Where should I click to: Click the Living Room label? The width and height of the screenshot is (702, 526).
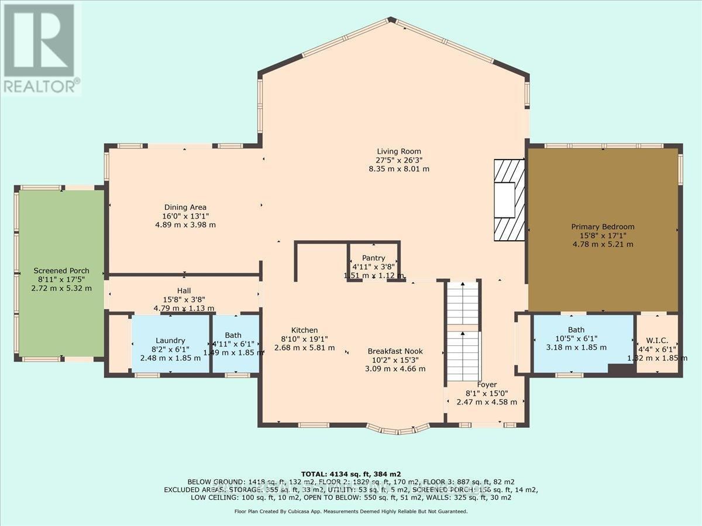398,151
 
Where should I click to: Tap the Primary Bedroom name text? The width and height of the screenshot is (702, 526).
603,227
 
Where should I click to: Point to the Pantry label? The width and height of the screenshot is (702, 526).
373,258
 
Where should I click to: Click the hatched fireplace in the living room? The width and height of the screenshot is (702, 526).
508,200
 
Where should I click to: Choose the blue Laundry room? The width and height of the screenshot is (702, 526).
170,343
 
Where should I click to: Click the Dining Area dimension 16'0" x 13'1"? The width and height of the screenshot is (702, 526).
185,216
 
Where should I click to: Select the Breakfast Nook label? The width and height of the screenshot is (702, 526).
395,351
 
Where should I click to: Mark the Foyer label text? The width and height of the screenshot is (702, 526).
487,385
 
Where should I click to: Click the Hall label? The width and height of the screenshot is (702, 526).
184,290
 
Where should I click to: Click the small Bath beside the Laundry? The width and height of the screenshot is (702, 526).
235,344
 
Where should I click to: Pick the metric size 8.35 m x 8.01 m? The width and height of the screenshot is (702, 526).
398,169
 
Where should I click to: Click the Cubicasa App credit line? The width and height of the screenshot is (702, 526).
350,511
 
